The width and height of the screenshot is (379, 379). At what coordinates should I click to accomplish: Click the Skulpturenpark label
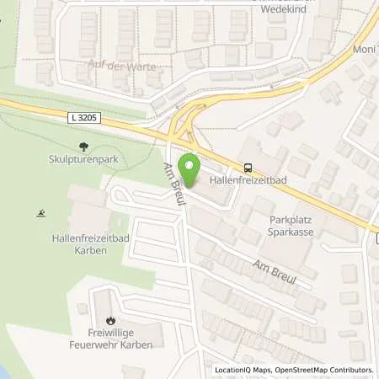tap(81, 158)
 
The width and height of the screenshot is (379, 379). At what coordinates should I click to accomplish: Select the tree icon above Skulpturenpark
tap(81, 145)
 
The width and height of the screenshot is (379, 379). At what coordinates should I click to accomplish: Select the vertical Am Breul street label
tap(175, 181)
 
